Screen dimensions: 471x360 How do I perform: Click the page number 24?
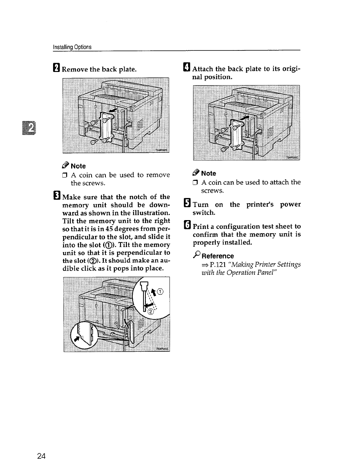pyautogui.click(x=42, y=456)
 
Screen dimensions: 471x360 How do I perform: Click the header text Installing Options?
pyautogui.click(x=72, y=47)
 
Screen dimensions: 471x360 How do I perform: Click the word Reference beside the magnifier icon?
pyautogui.click(x=218, y=256)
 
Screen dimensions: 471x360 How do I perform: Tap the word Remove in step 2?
pyautogui.click(x=75, y=70)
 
